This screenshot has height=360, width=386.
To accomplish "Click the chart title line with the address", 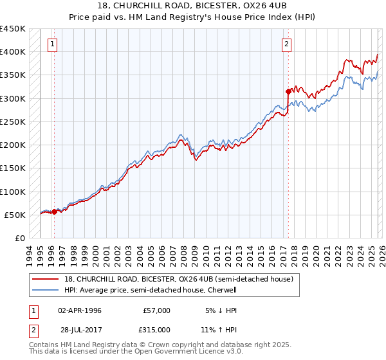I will (193, 5).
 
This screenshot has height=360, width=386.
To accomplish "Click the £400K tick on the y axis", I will (12, 52).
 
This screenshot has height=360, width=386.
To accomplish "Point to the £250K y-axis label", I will (12, 122).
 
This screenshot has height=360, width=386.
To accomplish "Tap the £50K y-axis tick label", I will (15, 215).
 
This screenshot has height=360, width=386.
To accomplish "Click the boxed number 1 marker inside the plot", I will (51, 44).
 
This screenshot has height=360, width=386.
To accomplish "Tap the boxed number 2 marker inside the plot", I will (286, 44).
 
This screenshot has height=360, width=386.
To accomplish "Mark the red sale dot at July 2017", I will (288, 91).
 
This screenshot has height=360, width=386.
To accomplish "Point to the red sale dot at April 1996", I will (54, 212).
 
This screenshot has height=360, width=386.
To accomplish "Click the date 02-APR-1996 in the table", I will (80, 310).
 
